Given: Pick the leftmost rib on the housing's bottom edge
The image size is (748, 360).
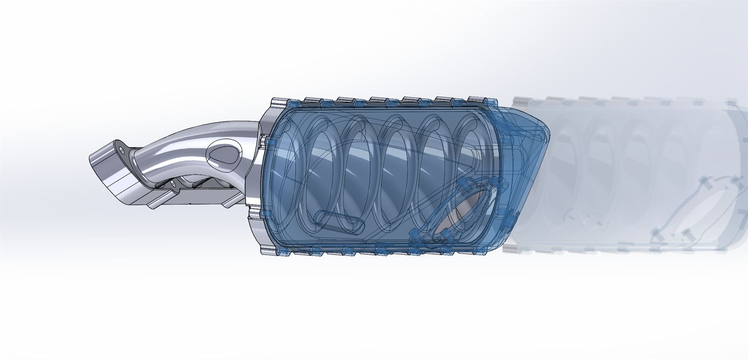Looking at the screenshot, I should [269, 250].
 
